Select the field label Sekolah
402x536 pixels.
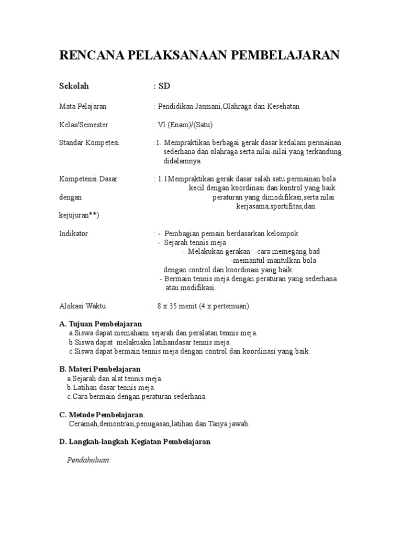coord(74,86)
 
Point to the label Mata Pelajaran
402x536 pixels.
coord(83,106)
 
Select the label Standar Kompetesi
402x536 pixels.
coord(89,142)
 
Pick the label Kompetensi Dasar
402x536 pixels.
coord(88,179)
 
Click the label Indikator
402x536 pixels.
coord(74,233)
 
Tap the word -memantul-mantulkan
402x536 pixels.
coord(273,260)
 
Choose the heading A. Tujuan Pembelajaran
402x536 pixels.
coord(100,324)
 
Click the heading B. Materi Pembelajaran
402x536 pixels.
coord(100,370)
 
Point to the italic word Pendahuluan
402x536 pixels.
coord(88,460)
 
